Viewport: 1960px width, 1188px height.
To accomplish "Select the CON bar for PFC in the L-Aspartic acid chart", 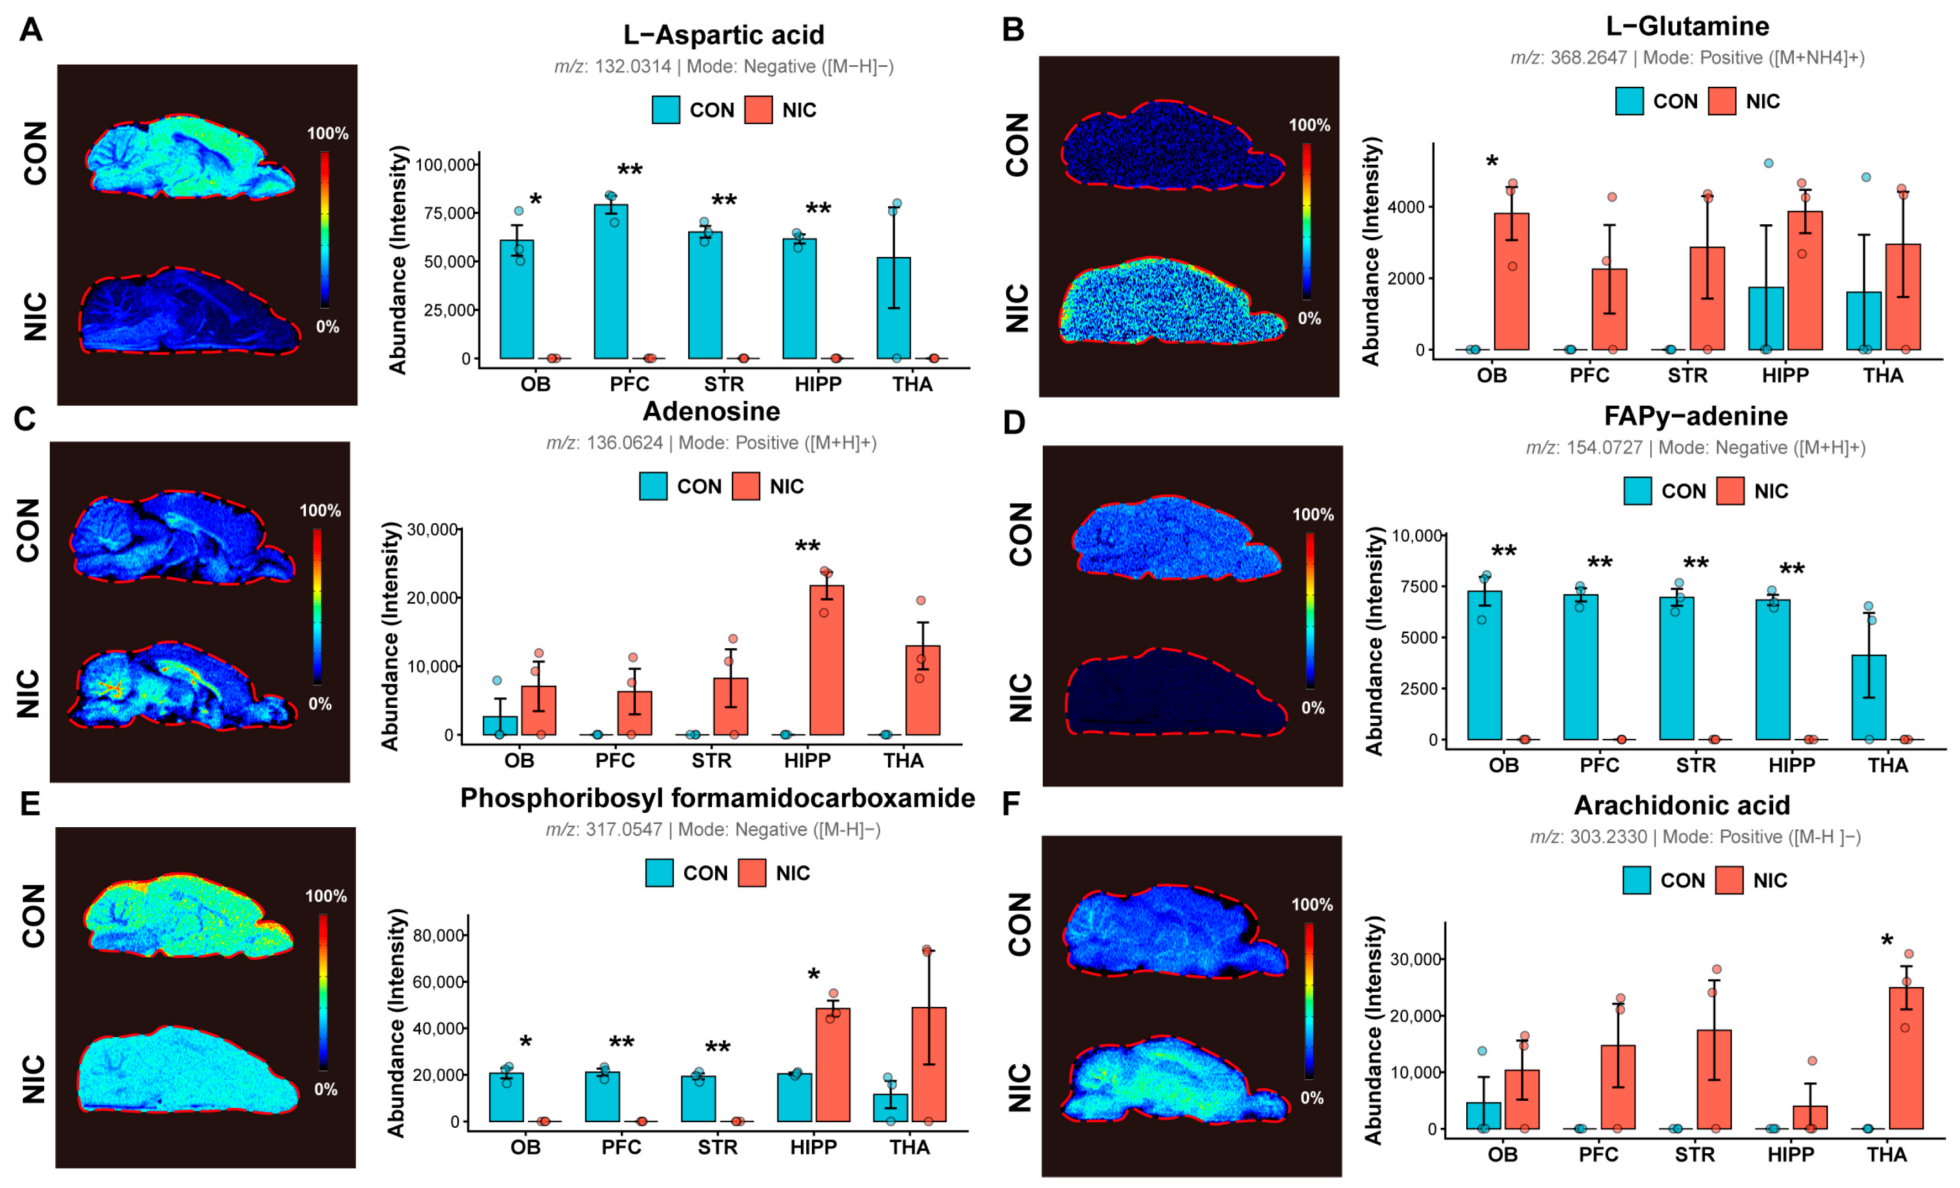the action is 611,282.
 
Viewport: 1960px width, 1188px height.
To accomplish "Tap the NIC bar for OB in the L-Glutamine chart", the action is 1512,282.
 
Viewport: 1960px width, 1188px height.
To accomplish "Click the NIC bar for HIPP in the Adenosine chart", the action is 827,660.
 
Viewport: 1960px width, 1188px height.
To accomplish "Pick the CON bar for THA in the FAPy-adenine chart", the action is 1868,698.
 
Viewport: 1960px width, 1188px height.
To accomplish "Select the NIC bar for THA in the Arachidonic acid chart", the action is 1906,1058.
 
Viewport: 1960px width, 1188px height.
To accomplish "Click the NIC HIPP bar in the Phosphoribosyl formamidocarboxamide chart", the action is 833,1065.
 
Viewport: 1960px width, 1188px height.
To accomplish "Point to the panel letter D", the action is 1014,423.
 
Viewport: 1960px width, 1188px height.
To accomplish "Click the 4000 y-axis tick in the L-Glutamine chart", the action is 1406,207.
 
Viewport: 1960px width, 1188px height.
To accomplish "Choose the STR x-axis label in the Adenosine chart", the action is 711,761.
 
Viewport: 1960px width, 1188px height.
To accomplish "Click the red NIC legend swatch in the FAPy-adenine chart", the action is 1730,491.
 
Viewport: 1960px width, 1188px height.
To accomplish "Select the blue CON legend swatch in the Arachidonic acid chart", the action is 1636,881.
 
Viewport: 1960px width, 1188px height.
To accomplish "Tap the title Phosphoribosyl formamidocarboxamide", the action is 717,798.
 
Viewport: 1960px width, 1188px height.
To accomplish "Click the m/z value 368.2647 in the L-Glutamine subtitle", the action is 1588,58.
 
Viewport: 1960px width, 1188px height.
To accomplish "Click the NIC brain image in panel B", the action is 1172,301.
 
